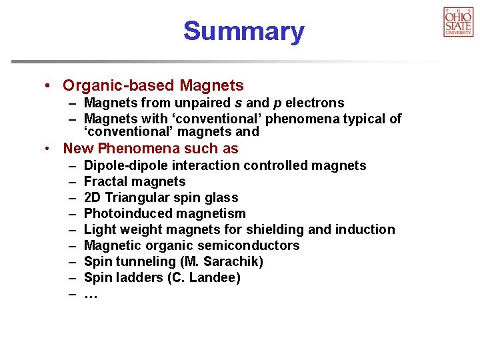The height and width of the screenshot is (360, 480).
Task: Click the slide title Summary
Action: tap(243, 31)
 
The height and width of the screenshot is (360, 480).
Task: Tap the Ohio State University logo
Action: tap(458, 21)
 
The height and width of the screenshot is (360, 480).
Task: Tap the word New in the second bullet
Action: tap(78, 149)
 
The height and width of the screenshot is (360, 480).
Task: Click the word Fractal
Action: tap(106, 181)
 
